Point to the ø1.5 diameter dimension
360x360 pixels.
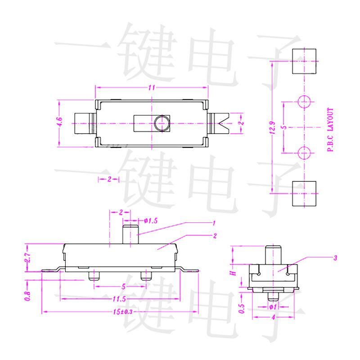pyautogui.click(x=151, y=220)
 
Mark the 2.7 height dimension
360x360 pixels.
pyautogui.click(x=27, y=258)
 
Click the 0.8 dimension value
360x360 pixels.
pyautogui.click(x=27, y=296)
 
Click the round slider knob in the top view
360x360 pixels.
pyautogui.click(x=161, y=123)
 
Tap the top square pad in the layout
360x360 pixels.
pyautogui.click(x=304, y=62)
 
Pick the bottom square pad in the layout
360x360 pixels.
pyautogui.click(x=304, y=193)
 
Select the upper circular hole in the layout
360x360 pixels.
pyautogui.click(x=304, y=102)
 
